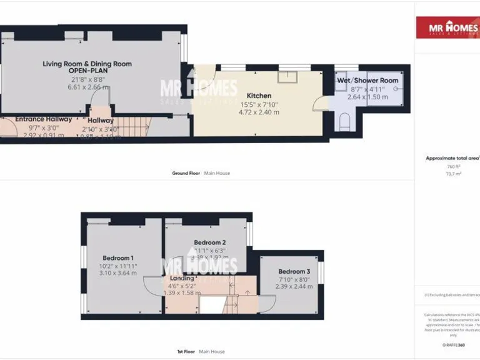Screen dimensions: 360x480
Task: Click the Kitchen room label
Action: [259, 96]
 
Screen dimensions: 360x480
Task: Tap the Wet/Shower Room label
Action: [367, 81]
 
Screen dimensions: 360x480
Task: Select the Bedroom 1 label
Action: [118, 257]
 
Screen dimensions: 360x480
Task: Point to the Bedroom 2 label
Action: [209, 242]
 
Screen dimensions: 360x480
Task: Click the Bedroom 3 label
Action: [294, 271]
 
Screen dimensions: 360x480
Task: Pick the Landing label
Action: [182, 278]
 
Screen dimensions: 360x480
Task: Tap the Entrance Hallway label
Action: [43, 119]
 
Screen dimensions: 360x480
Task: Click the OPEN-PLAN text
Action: [87, 71]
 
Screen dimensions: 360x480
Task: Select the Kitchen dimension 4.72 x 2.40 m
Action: [259, 112]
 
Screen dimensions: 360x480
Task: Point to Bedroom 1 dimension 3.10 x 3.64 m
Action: [118, 273]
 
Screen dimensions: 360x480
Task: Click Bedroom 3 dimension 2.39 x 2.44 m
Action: [294, 287]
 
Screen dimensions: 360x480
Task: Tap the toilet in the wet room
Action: [344, 120]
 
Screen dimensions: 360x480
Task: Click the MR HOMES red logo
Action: [448, 27]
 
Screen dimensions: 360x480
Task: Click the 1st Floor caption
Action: [184, 352]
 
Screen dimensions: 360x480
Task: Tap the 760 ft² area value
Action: [453, 167]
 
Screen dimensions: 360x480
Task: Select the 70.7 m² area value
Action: [453, 174]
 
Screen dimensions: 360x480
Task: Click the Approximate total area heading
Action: [452, 158]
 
